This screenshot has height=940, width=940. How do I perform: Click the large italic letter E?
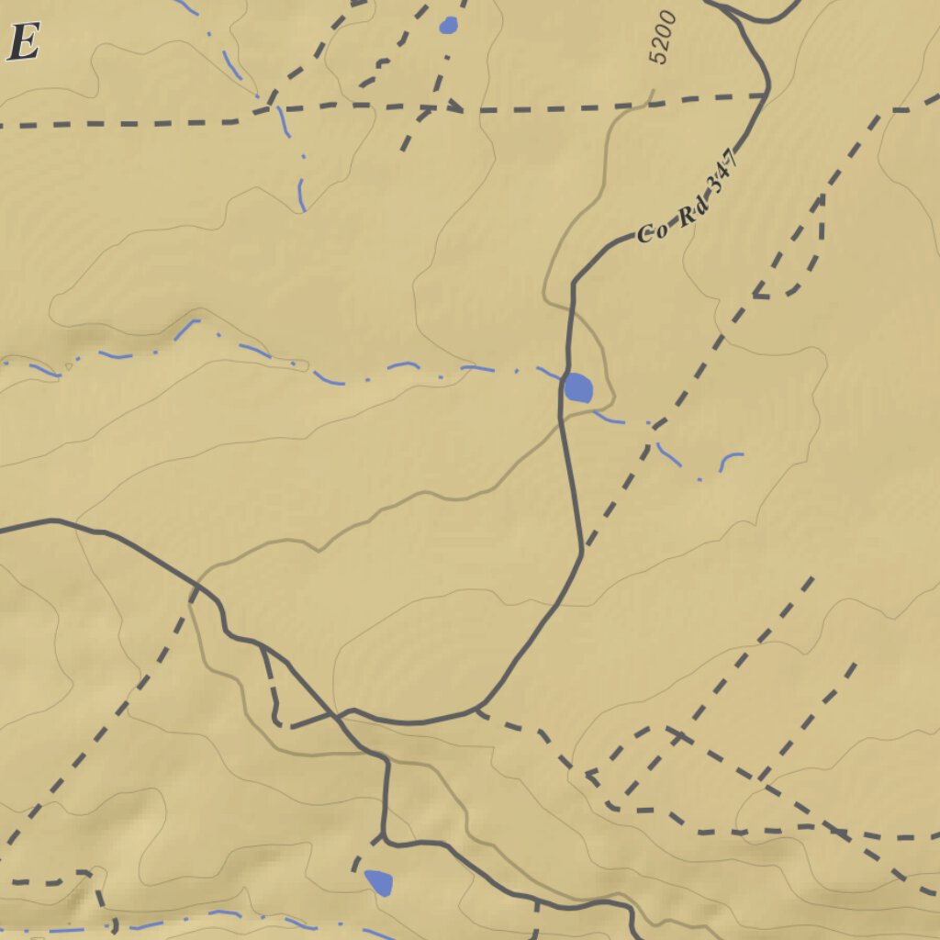[24, 42]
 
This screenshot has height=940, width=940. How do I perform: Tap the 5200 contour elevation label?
[662, 37]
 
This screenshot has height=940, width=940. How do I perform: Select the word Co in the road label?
[651, 231]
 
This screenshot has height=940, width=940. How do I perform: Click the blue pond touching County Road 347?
[578, 387]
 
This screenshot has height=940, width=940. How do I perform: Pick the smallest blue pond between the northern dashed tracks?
[448, 25]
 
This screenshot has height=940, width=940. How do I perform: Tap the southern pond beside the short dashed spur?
[379, 882]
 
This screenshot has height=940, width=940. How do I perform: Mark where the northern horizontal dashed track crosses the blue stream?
[280, 107]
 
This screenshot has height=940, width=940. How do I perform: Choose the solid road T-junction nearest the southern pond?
[386, 837]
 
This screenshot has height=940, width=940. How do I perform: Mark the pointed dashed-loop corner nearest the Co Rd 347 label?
[755, 296]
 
